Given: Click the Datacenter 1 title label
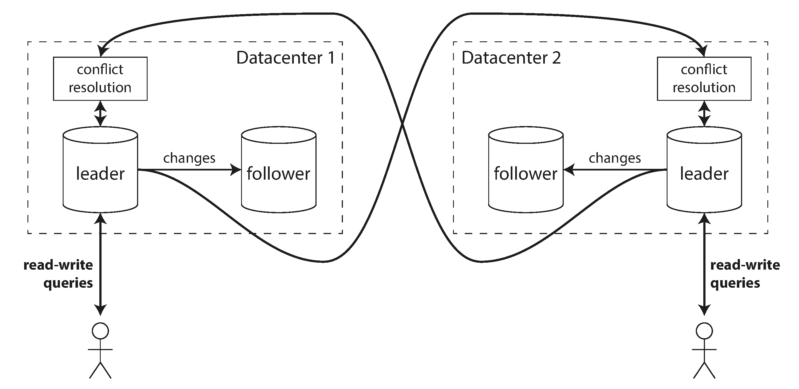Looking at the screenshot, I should (285, 58).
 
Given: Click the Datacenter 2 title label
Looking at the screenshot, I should (511, 58).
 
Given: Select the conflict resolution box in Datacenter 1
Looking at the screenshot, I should (100, 79).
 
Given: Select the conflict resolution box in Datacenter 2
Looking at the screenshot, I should (704, 79).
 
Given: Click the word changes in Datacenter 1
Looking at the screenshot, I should (189, 158).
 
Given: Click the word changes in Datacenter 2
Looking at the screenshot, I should (615, 158).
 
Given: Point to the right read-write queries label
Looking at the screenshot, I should (744, 274).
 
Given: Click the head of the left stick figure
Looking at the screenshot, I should (100, 331).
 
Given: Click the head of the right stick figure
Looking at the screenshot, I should (704, 331).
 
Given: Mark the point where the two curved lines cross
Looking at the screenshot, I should (402, 124).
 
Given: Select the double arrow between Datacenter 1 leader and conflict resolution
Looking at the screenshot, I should (100, 113).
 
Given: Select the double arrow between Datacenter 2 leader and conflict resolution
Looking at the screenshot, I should (704, 113).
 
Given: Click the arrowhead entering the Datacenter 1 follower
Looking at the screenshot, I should (236, 170).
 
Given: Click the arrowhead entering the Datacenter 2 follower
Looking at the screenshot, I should (568, 170).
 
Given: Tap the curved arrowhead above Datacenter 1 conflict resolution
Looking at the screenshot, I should (102, 51).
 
